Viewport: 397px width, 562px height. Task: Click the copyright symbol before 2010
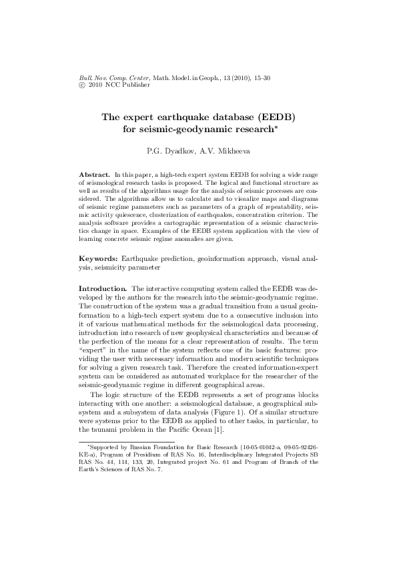pyautogui.click(x=82, y=85)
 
